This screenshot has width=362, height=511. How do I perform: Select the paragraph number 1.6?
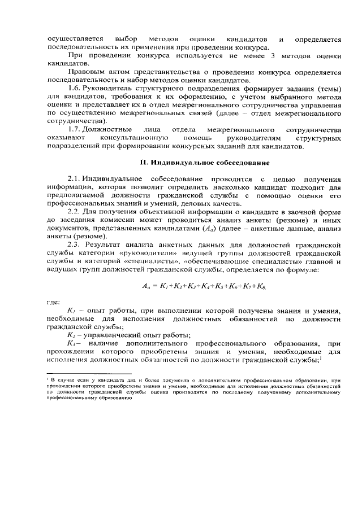click(x=76, y=89)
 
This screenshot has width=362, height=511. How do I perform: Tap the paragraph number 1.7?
click(x=76, y=130)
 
